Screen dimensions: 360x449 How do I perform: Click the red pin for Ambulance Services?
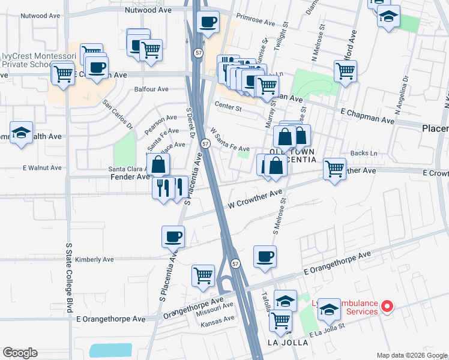387,307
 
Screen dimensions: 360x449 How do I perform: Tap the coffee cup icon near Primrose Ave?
208,23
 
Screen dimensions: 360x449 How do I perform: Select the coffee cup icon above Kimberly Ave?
173,236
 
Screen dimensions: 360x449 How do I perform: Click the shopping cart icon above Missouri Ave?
203,276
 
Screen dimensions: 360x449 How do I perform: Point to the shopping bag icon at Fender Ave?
157,164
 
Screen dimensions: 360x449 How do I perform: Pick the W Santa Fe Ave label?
230,139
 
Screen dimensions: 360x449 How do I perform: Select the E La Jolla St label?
327,330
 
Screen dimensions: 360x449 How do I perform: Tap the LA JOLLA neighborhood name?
287,343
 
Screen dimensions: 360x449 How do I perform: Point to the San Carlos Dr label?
118,114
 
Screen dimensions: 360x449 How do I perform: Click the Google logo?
20,353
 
